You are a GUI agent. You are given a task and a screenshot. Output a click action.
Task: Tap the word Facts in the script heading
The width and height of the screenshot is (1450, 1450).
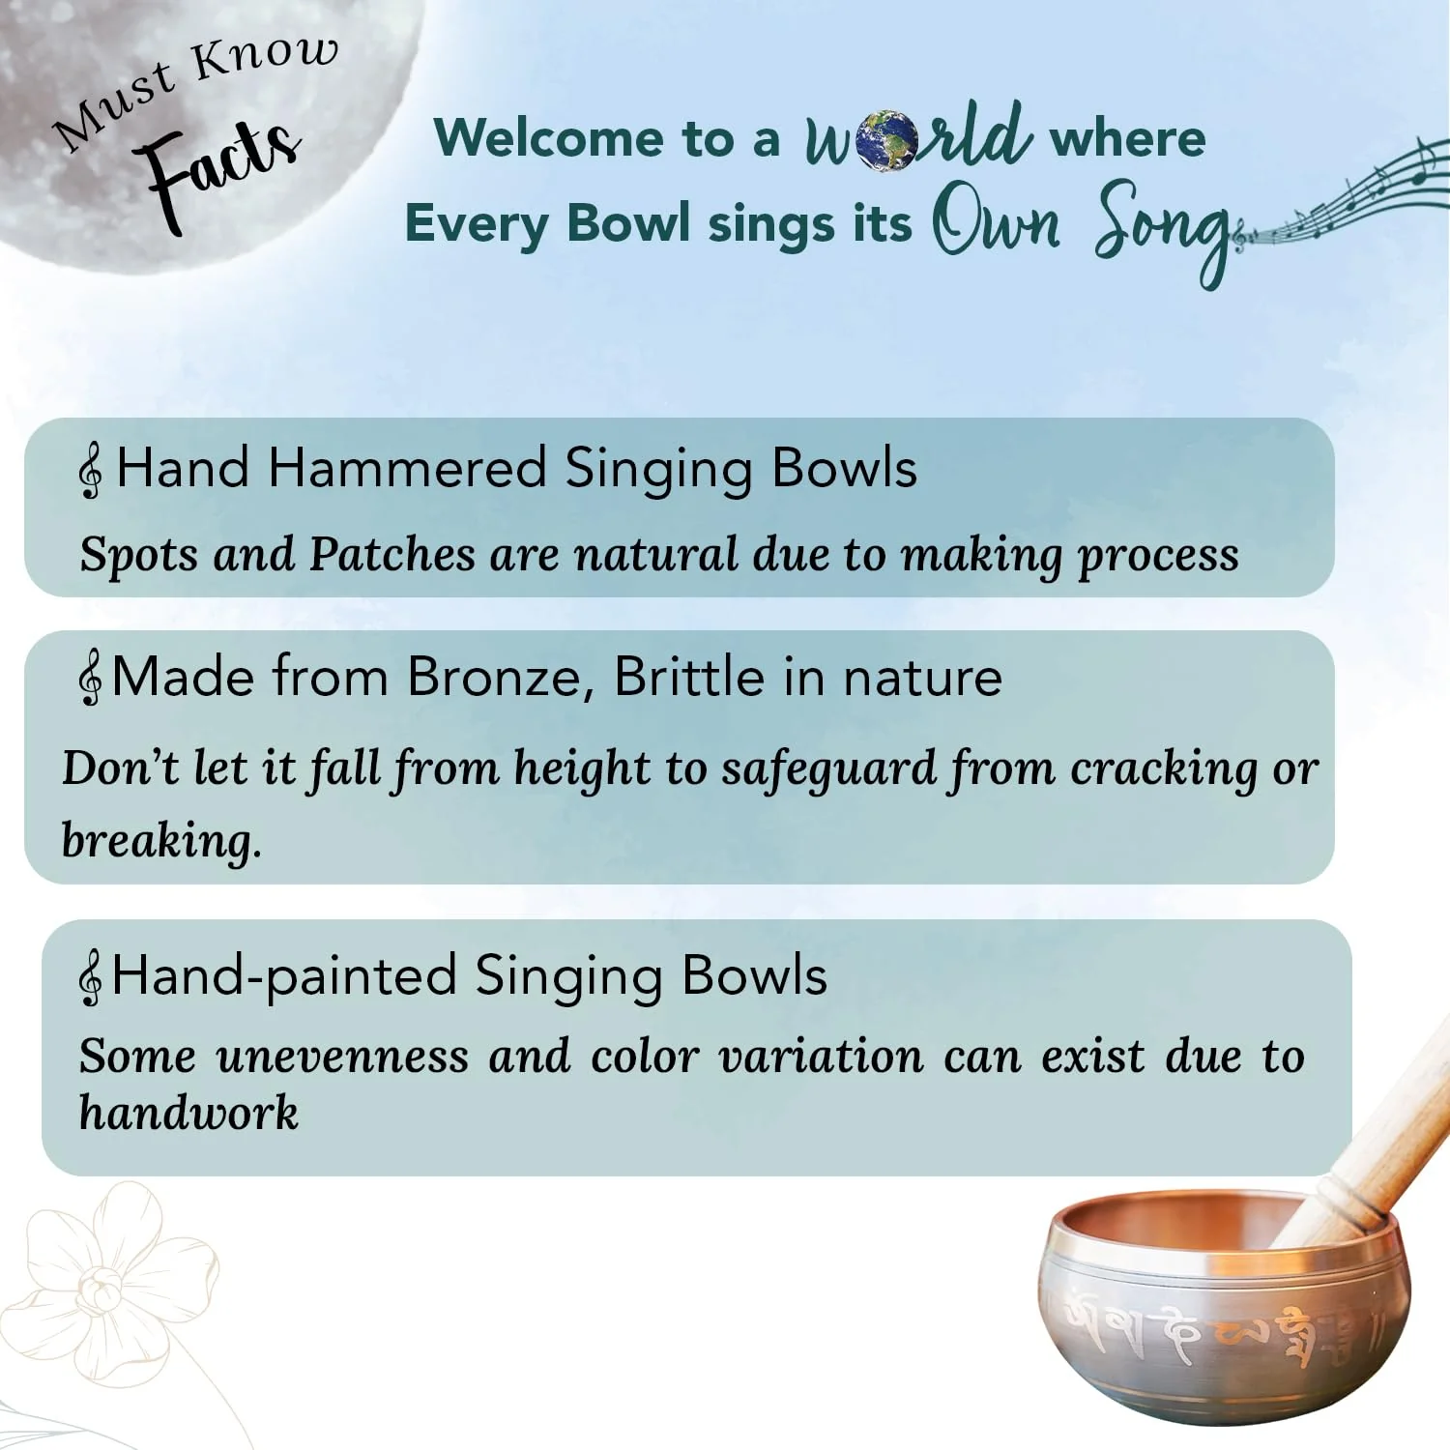coord(220,169)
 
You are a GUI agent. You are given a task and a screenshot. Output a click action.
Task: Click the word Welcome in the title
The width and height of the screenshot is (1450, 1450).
coord(549,137)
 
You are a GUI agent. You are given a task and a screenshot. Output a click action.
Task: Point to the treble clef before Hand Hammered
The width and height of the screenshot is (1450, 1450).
coord(91,471)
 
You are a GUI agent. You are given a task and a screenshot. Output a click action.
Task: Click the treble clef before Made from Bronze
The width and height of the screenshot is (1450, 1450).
coord(90,679)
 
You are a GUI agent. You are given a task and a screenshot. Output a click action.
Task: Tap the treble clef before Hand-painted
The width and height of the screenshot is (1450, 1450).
coord(90,977)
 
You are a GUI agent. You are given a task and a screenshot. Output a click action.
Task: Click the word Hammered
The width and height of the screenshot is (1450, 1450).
coord(407,468)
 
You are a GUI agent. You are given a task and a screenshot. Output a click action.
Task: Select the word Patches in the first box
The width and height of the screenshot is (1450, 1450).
coord(391,554)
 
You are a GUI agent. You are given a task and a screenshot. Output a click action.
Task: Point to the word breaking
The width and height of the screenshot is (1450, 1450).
coord(160,840)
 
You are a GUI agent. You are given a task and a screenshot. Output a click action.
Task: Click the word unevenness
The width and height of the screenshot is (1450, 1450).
coord(342,1056)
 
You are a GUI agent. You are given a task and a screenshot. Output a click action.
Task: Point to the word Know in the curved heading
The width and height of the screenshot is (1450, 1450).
coord(264,57)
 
